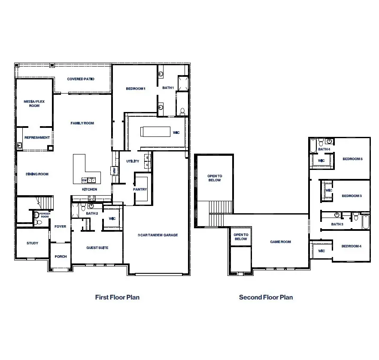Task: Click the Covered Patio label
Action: (81, 79)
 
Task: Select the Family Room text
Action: (82, 123)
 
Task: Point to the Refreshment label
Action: (37, 138)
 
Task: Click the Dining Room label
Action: (37, 174)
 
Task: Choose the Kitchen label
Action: (90, 189)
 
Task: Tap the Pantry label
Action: (140, 189)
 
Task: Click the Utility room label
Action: (133, 161)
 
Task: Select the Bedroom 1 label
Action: (136, 88)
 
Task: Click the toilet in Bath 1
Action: (182, 111)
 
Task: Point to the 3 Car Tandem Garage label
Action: (158, 235)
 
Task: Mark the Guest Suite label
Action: (97, 248)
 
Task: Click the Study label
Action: (33, 243)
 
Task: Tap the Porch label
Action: (61, 257)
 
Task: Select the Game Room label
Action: (280, 242)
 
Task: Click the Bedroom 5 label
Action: (352, 159)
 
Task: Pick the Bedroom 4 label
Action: (351, 246)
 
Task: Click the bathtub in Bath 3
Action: (365, 221)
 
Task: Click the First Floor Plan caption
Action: (117, 297)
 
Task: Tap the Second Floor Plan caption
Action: (266, 297)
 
